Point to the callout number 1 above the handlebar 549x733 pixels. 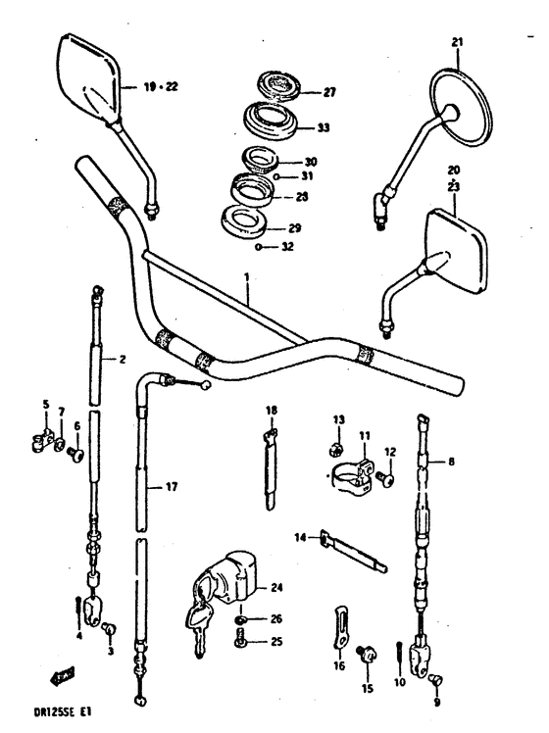click(247, 277)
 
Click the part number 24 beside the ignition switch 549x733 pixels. click(276, 588)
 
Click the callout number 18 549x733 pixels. click(272, 410)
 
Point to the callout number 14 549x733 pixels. click(300, 536)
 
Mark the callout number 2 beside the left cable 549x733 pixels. click(123, 360)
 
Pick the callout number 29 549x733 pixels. click(294, 227)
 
